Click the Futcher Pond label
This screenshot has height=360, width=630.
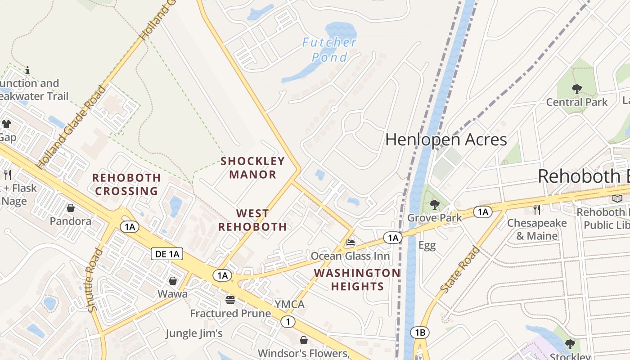pyautogui.click(x=329, y=49)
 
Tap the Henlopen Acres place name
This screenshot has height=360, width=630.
pyautogui.click(x=446, y=139)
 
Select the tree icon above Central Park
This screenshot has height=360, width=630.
pyautogui.click(x=576, y=89)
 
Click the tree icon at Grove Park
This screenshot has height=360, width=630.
pyautogui.click(x=434, y=205)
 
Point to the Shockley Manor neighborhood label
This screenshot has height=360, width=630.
pyautogui.click(x=252, y=167)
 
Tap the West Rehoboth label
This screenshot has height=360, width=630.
pyautogui.click(x=252, y=220)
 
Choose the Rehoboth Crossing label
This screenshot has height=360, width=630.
pyautogui.click(x=126, y=184)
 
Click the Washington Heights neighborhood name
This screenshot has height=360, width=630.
pyautogui.click(x=357, y=279)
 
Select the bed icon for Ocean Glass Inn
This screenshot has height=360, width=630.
pyautogui.click(x=350, y=243)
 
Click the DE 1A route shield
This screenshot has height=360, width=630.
pyautogui.click(x=167, y=254)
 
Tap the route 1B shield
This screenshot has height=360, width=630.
pyautogui.click(x=419, y=333)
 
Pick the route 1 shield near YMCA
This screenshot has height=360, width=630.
pyautogui.click(x=288, y=322)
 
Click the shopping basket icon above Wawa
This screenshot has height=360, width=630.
pyautogui.click(x=173, y=281)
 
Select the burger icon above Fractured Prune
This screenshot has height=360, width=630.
pyautogui.click(x=230, y=300)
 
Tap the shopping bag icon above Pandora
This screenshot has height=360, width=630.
pyautogui.click(x=71, y=208)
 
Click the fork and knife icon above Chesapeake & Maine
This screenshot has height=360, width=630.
pyautogui.click(x=536, y=209)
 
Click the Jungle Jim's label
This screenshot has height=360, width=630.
pyautogui.click(x=194, y=333)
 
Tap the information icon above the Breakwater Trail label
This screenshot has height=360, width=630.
pyautogui.click(x=27, y=70)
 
